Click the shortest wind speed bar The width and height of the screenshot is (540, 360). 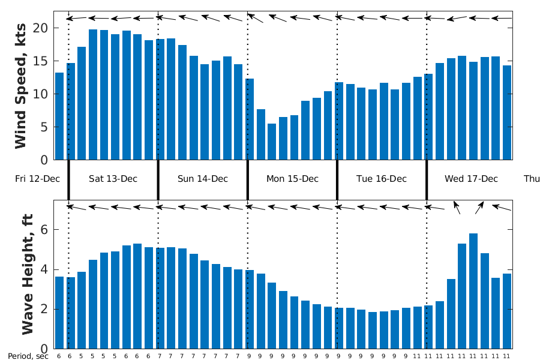(272, 142)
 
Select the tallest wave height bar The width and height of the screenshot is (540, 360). (473, 291)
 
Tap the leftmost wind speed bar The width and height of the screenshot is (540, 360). (59, 116)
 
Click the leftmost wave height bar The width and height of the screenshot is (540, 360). (59, 313)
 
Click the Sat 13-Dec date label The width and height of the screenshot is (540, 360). (113, 179)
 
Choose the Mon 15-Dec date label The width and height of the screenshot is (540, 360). (292, 179)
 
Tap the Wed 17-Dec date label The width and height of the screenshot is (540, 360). (471, 179)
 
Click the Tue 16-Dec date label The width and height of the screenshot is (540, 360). (382, 179)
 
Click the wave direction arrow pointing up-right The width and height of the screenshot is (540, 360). (479, 208)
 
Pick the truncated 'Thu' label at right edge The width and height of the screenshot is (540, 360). (532, 179)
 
